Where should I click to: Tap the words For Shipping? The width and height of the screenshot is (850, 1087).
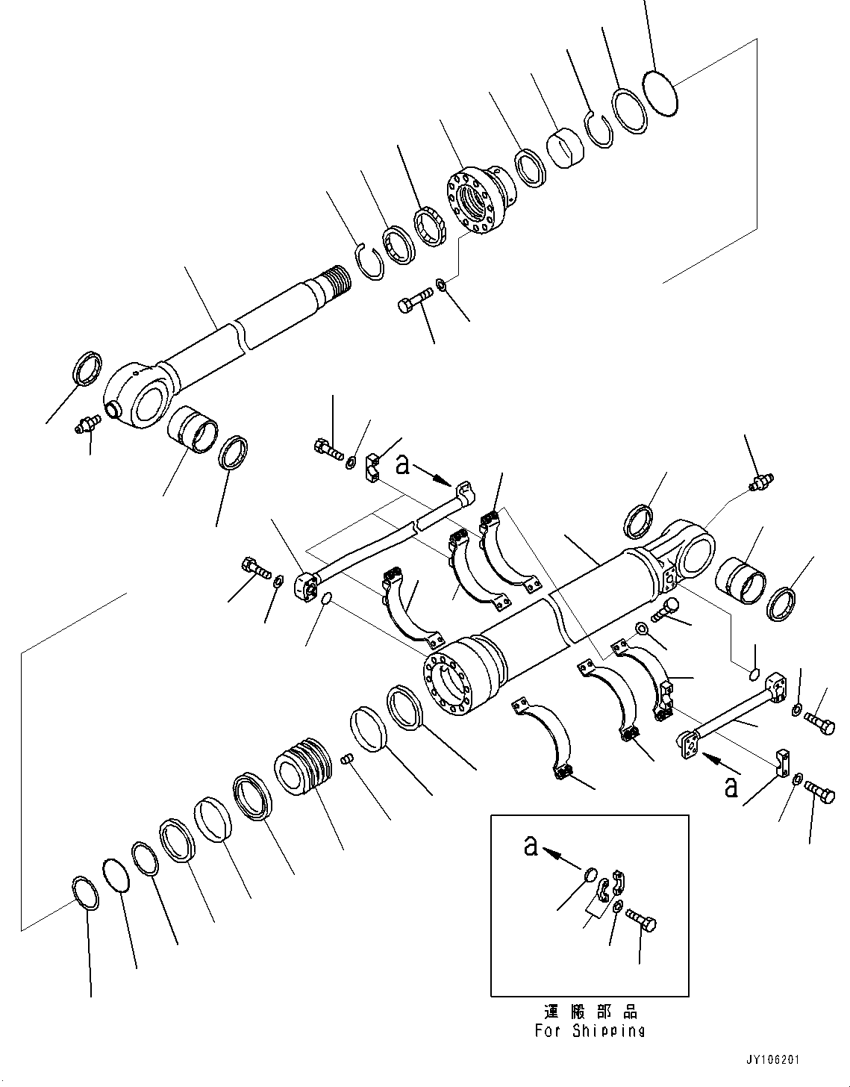pyautogui.click(x=589, y=1030)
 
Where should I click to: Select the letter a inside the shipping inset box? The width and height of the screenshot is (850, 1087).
pyautogui.click(x=531, y=846)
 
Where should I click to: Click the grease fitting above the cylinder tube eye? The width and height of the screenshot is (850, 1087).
pyautogui.click(x=761, y=480)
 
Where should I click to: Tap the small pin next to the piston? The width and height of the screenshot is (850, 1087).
pyautogui.click(x=346, y=759)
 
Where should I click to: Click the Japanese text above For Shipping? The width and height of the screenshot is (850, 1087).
pyautogui.click(x=589, y=1012)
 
